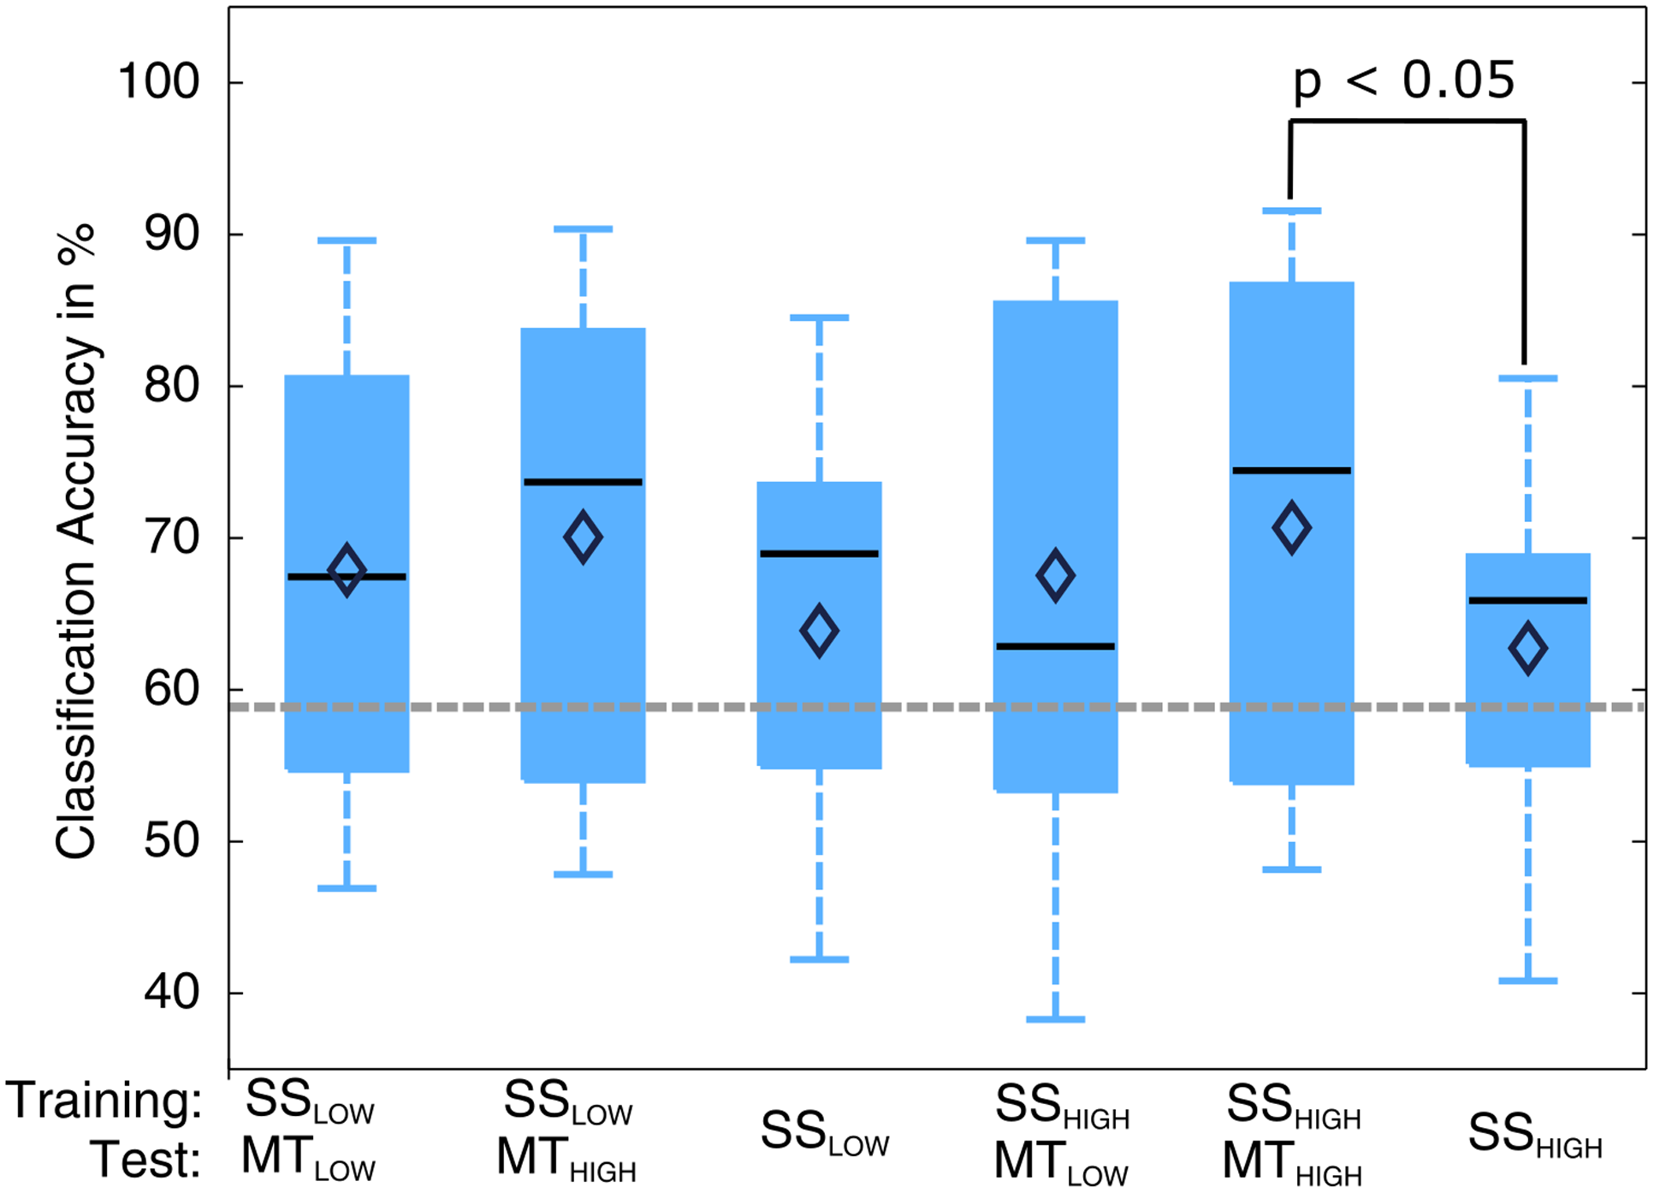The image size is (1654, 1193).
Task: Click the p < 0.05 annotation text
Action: tap(1403, 81)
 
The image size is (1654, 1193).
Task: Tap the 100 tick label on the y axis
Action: tap(158, 83)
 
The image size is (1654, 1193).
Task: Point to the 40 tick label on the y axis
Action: tap(171, 993)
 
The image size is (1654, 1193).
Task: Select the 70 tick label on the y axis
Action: tap(171, 538)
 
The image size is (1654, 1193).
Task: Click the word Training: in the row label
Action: tap(104, 1101)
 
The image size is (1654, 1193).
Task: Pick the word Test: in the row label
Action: tap(145, 1160)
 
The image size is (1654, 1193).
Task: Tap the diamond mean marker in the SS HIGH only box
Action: tap(1527, 648)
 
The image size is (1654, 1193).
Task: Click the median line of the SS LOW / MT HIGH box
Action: tap(583, 483)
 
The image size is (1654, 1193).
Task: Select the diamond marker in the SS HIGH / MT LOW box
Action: tap(1055, 575)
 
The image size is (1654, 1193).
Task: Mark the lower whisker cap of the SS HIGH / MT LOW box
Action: tap(1055, 1019)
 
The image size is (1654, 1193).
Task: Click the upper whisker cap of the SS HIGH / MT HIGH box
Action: tap(1291, 211)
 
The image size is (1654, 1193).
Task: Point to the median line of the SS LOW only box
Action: tap(819, 554)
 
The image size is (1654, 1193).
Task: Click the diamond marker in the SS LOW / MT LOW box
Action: tap(347, 569)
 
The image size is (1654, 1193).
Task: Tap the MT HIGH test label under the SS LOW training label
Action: tap(566, 1160)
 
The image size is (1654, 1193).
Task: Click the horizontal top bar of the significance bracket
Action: tap(1408, 122)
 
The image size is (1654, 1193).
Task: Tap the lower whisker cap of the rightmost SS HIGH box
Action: tap(1527, 981)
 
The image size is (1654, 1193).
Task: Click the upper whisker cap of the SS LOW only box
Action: tap(819, 318)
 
